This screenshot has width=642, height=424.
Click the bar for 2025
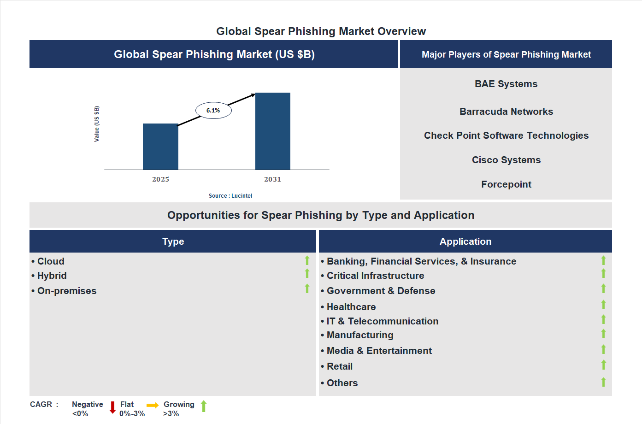coord(160,147)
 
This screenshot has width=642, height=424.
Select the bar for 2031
coord(273,131)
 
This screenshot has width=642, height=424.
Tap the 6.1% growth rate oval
coord(213,111)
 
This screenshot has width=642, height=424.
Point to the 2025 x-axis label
coord(161,179)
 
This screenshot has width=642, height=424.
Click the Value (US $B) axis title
coord(97,124)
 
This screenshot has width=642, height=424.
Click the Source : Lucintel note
coord(230,196)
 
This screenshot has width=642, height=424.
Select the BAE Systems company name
coord(506,84)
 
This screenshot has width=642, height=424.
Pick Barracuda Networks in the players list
coord(506,112)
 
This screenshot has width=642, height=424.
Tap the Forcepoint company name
coord(506,184)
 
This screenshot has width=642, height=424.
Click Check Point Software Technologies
coord(506,135)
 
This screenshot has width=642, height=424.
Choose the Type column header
coord(173,241)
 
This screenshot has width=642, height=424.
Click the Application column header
coord(465,241)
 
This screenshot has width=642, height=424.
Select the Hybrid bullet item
coord(52,276)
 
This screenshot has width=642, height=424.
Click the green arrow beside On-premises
coord(307,289)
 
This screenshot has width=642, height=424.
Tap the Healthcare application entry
coord(351,307)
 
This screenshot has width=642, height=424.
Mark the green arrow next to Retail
coord(603,365)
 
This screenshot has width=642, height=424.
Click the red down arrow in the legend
coord(112,407)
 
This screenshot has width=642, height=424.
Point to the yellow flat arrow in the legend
coord(153,406)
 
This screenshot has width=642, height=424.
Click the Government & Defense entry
coord(381,291)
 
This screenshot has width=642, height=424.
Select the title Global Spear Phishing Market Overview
coord(321,31)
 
